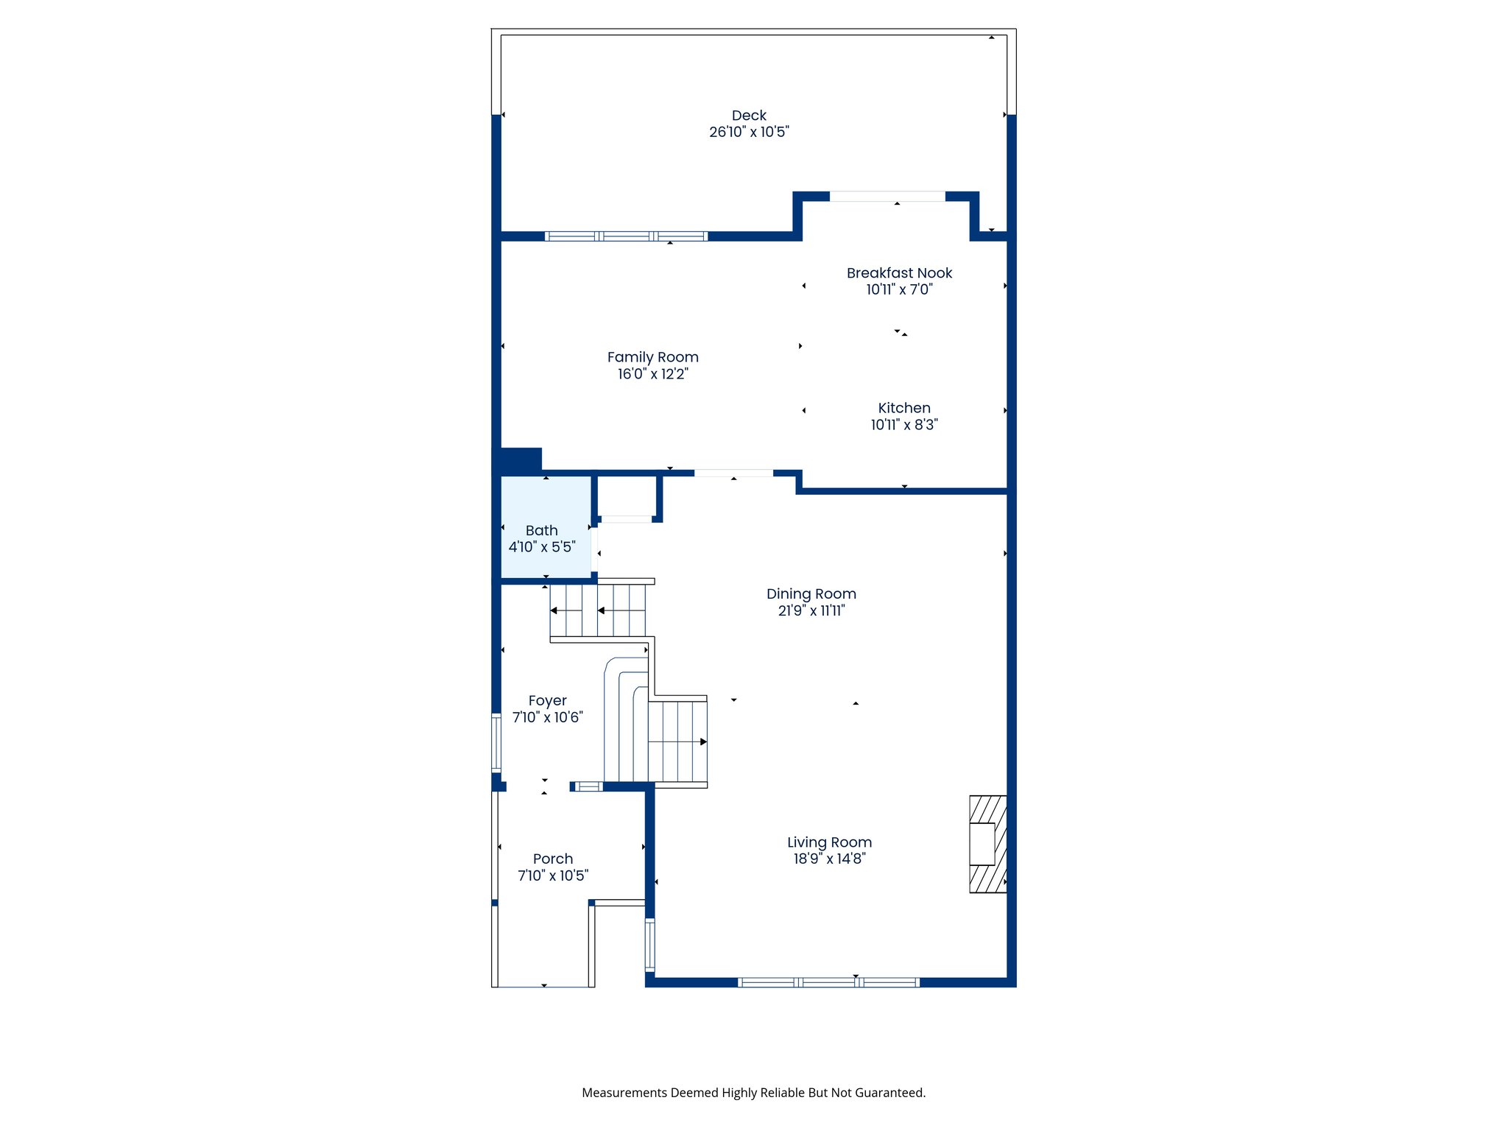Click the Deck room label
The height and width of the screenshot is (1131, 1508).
point(749,116)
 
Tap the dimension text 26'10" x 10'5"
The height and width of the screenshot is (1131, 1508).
point(749,133)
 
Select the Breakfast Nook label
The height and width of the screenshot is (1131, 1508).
point(899,273)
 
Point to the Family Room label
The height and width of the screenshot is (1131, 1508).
point(652,357)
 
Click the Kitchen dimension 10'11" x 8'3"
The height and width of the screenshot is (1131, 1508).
point(904,425)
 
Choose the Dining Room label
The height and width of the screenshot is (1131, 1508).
point(811,594)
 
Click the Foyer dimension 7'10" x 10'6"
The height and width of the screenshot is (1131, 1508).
point(547,717)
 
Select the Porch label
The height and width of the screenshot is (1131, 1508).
point(552,859)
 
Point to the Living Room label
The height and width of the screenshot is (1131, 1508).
point(829,842)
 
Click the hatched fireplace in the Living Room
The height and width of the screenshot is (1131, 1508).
point(987,844)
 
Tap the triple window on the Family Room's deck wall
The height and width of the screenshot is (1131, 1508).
point(626,236)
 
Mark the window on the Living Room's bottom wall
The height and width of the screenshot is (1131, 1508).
point(828,982)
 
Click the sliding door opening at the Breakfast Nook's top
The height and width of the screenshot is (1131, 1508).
point(887,197)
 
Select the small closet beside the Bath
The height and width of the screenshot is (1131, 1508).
point(627,497)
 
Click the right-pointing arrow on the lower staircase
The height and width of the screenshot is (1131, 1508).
point(703,741)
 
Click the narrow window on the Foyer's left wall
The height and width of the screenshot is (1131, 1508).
point(496,742)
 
